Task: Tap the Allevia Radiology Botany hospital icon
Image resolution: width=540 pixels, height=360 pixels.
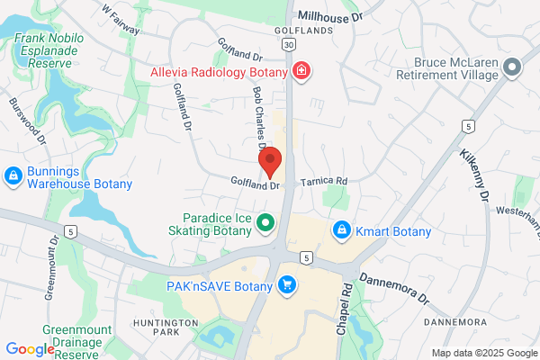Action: (x=301, y=71)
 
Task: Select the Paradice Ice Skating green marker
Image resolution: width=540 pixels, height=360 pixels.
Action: (x=265, y=222)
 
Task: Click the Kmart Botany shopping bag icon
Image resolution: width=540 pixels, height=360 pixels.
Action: (x=341, y=231)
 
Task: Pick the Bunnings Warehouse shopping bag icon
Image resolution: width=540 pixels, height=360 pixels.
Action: (x=14, y=175)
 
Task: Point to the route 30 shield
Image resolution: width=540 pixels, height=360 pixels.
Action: (x=287, y=43)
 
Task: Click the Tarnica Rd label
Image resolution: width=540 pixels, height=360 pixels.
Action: (x=323, y=181)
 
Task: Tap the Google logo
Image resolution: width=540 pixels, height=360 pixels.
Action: (x=30, y=349)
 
